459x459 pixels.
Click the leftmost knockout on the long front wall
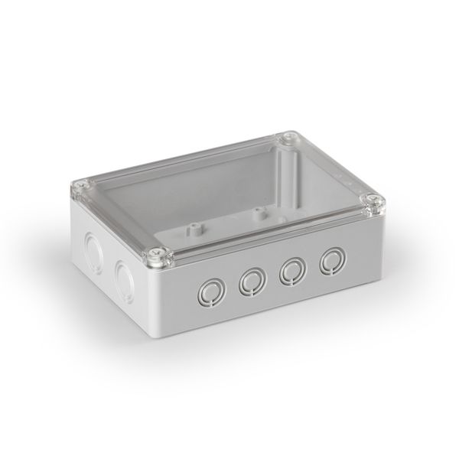click(x=210, y=290)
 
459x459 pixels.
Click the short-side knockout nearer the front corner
click(x=122, y=272)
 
